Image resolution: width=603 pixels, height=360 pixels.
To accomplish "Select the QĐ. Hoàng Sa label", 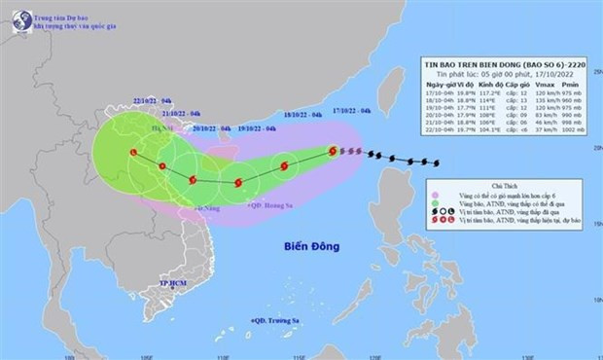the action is click(x=267, y=205).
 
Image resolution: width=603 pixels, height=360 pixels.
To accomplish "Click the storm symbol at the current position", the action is click(x=334, y=151).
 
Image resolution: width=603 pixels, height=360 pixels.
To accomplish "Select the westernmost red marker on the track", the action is click(x=132, y=152).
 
